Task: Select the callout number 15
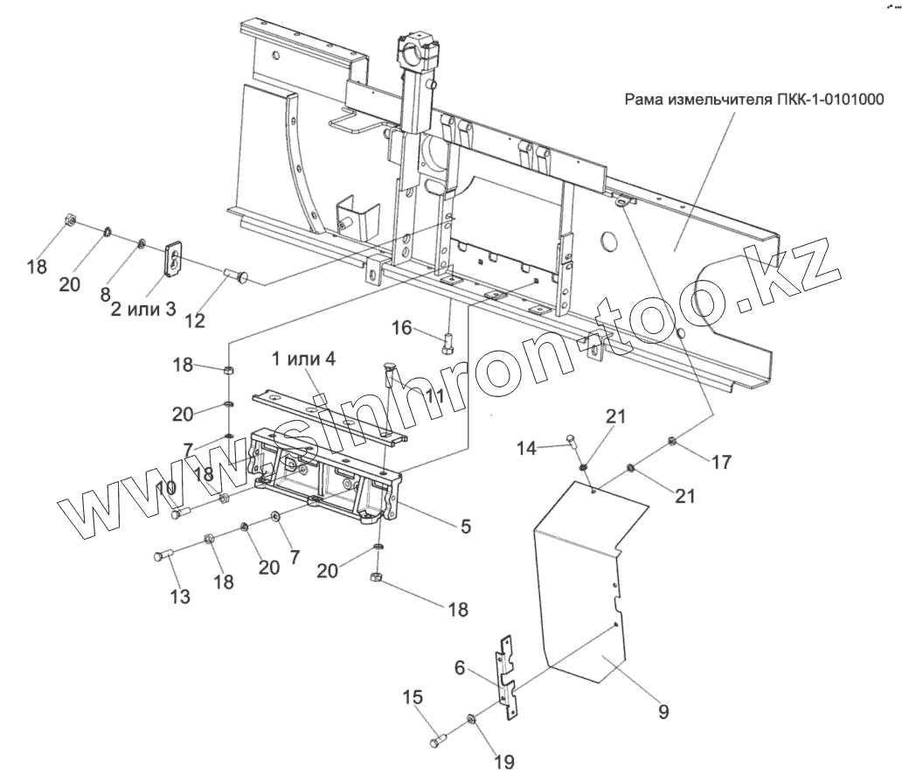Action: click(x=413, y=698)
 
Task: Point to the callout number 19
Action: click(x=504, y=761)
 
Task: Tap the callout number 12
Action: click(x=195, y=320)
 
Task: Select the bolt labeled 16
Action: click(x=448, y=339)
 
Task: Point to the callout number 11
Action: click(x=434, y=396)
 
